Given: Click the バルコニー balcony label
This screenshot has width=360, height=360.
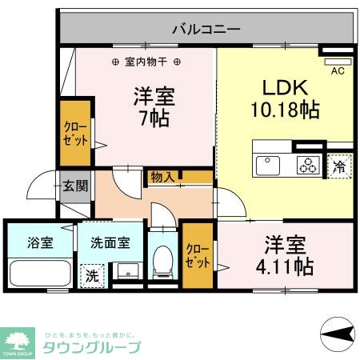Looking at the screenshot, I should coord(206,30).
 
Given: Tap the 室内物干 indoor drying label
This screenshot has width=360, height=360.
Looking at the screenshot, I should coord(146,62).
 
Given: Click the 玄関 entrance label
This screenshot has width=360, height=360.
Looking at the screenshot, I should coord(76,186).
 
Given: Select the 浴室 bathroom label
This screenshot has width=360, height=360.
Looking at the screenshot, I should coord(40,242).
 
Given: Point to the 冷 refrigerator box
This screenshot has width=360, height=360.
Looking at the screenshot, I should coord(339,167).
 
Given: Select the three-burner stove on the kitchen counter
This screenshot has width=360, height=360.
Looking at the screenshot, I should coord(307,166).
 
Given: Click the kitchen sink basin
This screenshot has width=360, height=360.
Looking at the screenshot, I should coord(266,166).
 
